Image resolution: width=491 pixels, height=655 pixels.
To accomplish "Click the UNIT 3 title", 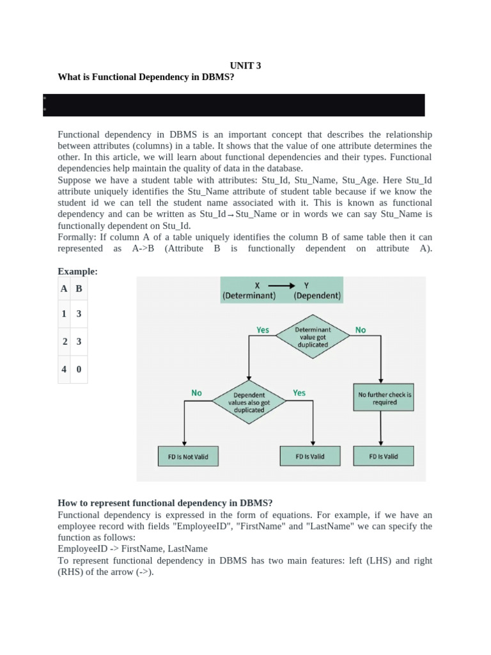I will (245, 65).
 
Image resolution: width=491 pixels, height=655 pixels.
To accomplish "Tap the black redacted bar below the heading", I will (234, 105).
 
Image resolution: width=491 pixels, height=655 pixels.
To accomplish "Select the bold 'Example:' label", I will (77, 271).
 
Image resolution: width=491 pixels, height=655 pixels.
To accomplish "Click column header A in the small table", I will (64, 288).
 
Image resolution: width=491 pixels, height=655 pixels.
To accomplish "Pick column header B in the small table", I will (79, 288).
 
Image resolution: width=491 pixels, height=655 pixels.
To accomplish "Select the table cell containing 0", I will (79, 369).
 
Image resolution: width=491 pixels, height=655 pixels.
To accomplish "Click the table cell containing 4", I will (64, 369).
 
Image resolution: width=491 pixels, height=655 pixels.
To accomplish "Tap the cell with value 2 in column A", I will (64, 342).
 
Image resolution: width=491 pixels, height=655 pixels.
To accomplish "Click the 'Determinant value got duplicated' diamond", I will (313, 337).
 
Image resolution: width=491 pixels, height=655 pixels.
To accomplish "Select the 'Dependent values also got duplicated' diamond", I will (249, 402).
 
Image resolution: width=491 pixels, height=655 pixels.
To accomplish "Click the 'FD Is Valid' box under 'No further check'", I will (384, 456).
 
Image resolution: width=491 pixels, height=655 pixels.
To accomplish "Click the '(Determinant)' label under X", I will (249, 296).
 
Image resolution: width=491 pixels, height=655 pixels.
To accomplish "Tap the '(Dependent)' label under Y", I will (317, 296).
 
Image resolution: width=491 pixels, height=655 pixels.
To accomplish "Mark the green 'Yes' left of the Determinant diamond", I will (263, 330).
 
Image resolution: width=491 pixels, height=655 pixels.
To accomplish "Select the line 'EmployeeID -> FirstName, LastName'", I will (132, 549).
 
